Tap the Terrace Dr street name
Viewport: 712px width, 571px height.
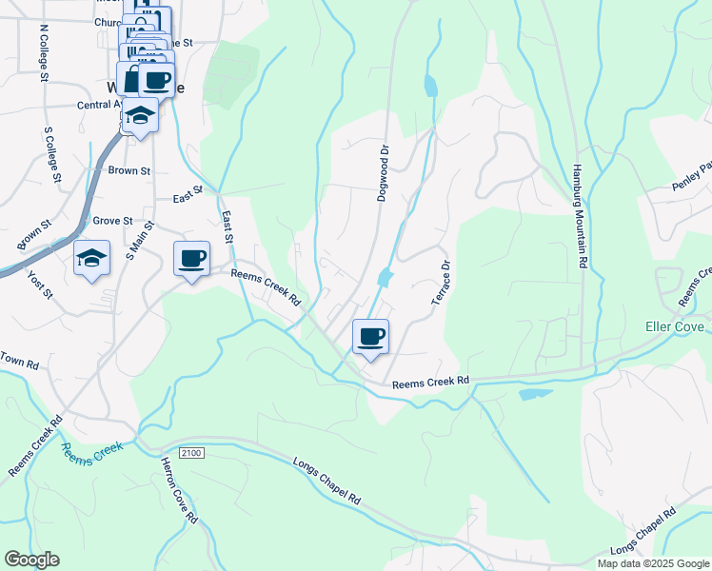441,283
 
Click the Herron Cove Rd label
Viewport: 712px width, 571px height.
178,500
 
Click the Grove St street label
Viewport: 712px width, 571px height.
112,220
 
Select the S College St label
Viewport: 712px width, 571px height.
52,153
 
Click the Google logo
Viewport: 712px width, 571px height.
31,560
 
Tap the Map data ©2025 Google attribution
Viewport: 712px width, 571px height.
652,563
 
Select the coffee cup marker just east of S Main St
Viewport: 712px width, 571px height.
191,258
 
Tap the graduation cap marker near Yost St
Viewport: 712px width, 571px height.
92,258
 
